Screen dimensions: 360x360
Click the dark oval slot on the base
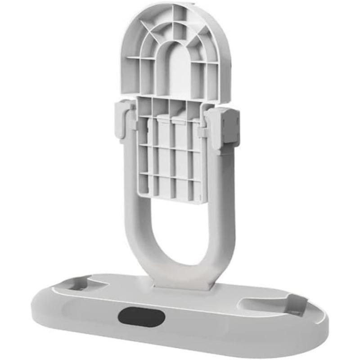(141, 316)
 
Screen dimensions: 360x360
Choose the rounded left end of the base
(43, 306)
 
